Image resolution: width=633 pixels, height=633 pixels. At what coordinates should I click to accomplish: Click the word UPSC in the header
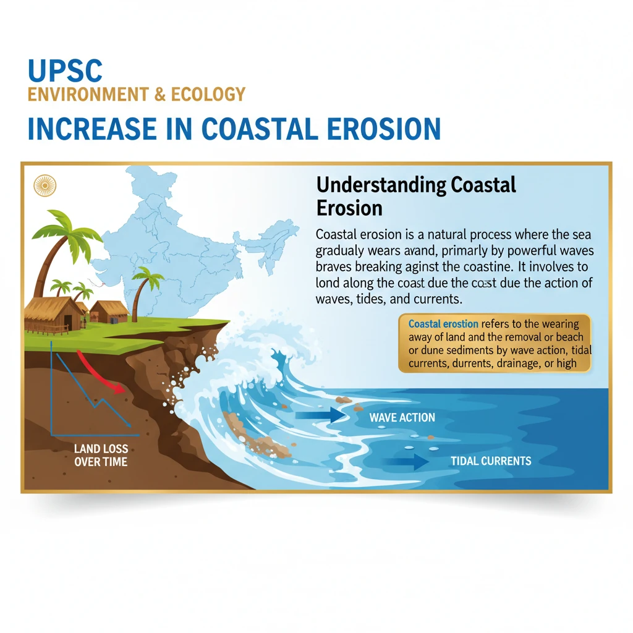65,71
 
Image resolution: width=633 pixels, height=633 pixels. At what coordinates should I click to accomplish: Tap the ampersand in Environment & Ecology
160,95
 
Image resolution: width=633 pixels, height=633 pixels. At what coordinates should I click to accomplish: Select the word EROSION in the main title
383,129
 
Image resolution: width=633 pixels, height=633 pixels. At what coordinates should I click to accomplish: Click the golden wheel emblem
45,185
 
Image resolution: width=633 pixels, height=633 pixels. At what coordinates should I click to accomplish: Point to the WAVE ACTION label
402,417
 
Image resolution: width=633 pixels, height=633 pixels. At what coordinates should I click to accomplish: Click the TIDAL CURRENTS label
491,461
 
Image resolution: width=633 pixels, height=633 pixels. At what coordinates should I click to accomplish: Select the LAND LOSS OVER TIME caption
101,456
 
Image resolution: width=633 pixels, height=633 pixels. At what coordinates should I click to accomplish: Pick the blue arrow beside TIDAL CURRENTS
406,462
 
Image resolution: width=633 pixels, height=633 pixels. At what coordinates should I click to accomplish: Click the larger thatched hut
53,315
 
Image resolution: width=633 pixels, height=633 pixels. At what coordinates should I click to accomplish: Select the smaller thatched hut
109,312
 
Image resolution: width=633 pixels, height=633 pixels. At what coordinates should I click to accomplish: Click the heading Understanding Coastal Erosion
416,197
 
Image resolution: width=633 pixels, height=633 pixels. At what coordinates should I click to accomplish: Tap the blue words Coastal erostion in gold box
443,324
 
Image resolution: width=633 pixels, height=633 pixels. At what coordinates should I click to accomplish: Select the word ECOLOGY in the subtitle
208,95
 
